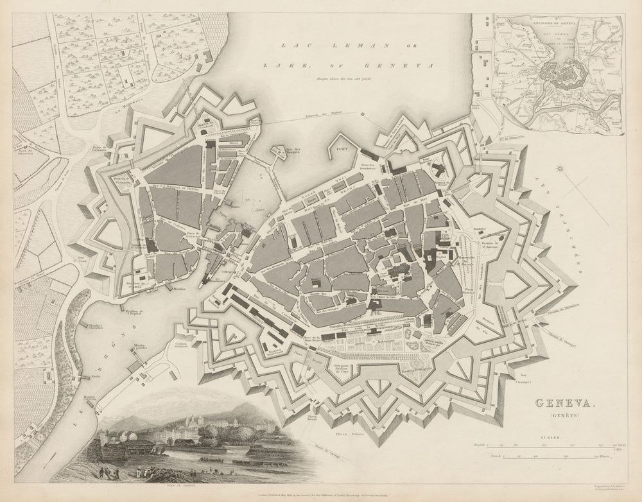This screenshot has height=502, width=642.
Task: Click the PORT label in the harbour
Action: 342,146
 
